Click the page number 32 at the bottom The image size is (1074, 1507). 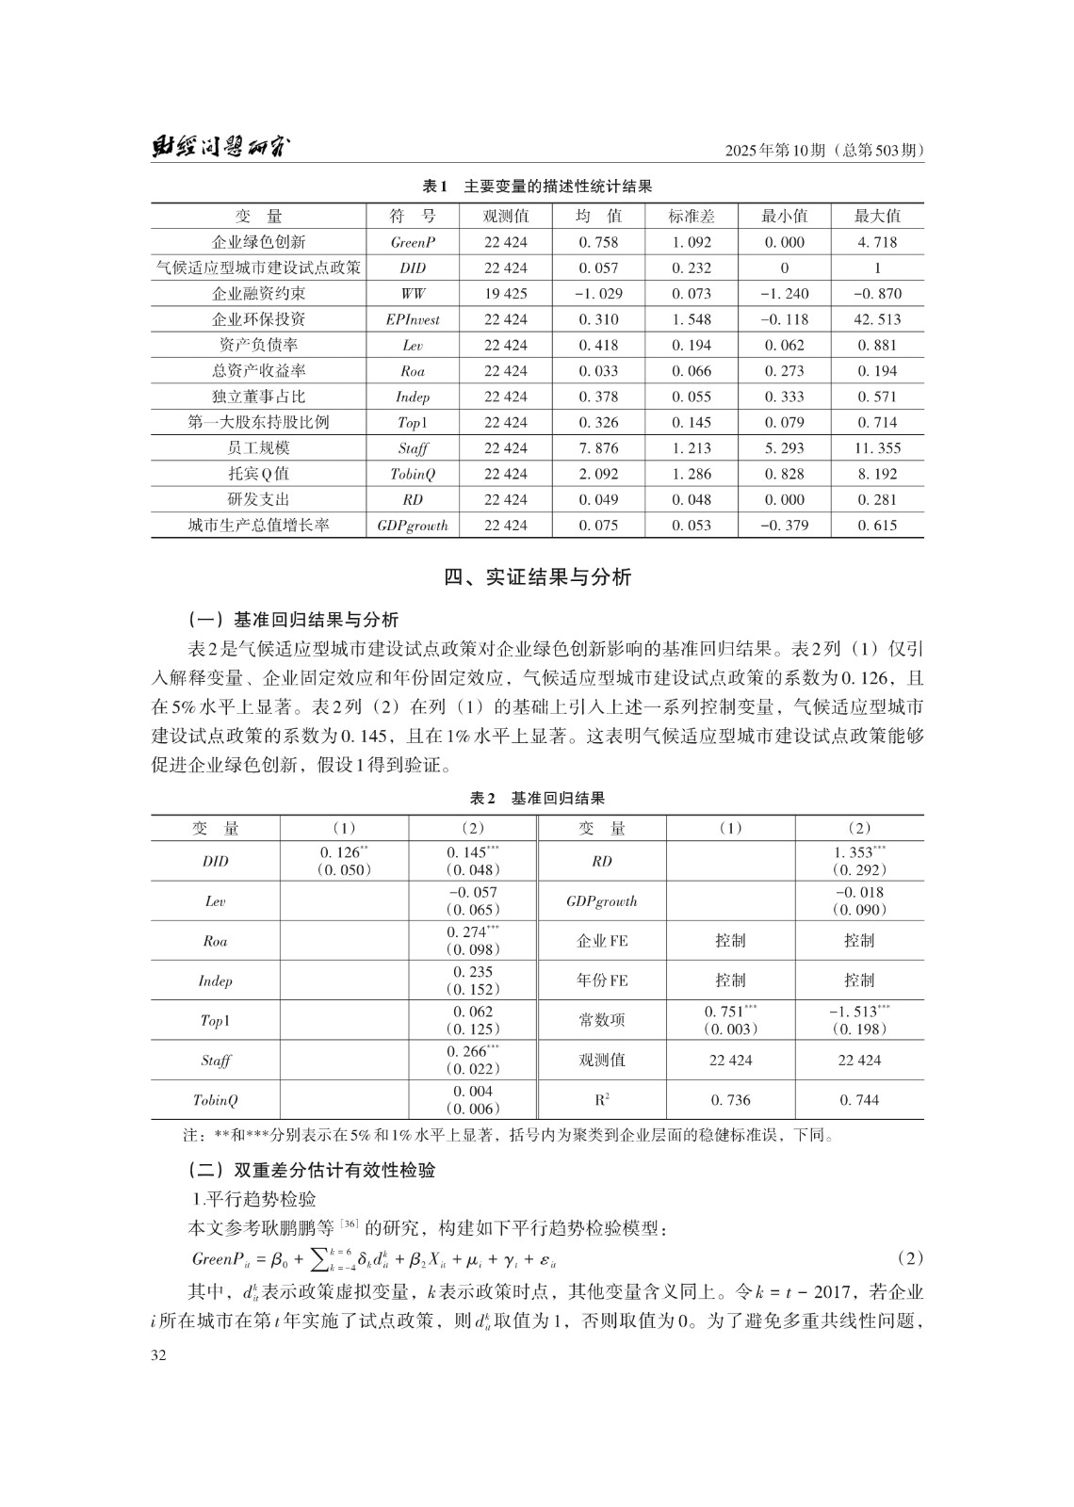[x=158, y=1355]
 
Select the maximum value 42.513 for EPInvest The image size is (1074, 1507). [x=877, y=319]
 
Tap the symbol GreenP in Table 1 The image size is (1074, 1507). [x=413, y=242]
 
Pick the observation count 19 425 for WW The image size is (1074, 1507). [x=506, y=294]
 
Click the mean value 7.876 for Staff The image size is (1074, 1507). [x=598, y=448]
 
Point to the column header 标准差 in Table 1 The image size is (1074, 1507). [x=692, y=216]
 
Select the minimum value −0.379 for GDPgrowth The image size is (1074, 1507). [x=784, y=526]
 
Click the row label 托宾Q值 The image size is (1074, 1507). [x=258, y=474]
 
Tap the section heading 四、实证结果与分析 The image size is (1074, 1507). [x=537, y=576]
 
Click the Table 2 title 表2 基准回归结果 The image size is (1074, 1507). [x=537, y=798]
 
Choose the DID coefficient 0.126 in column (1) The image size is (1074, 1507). [x=341, y=852]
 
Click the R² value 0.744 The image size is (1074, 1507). [x=859, y=1100]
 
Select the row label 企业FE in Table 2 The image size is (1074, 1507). [x=602, y=940]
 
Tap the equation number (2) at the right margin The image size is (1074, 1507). [x=909, y=1258]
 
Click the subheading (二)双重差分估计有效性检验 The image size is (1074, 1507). [x=312, y=1171]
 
